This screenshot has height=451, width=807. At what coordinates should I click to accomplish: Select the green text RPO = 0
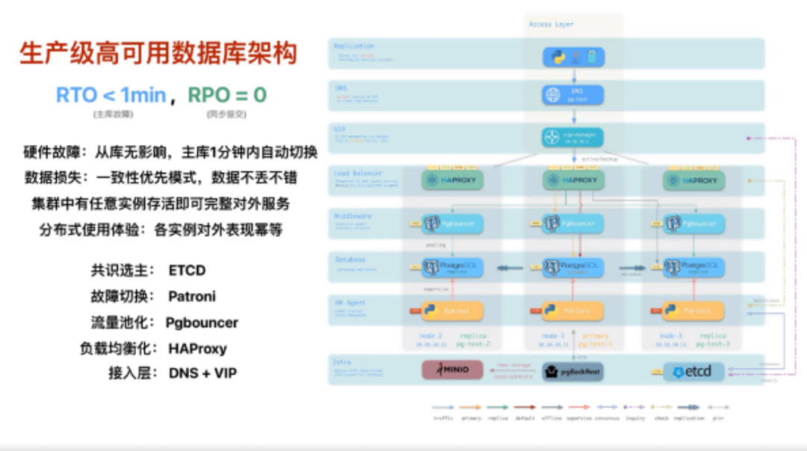click(x=226, y=95)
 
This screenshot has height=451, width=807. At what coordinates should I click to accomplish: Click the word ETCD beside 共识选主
click(x=187, y=270)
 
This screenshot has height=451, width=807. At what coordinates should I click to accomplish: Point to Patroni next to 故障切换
click(x=191, y=296)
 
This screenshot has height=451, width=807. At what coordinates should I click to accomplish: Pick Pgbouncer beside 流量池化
click(x=202, y=322)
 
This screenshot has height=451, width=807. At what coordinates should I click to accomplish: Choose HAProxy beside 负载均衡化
click(x=197, y=349)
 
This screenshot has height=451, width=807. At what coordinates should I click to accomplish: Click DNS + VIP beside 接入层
click(x=202, y=372)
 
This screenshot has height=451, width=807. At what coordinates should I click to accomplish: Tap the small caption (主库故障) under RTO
click(x=112, y=114)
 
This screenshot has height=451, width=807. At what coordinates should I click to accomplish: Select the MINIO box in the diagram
click(x=452, y=370)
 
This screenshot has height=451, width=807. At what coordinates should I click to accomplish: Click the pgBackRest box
click(x=573, y=370)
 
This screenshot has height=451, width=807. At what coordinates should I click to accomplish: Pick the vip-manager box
click(x=573, y=138)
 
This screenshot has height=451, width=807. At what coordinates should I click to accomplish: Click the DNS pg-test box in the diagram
click(x=573, y=95)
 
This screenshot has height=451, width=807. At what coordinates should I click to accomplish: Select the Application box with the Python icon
click(x=573, y=57)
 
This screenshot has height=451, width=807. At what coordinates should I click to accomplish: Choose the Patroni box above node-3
click(x=693, y=310)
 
